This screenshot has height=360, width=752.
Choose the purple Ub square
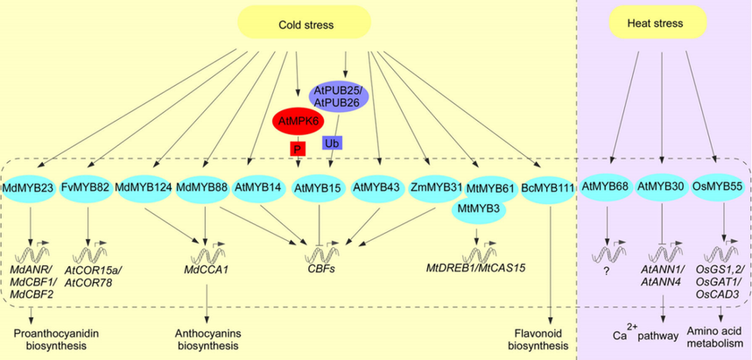(x=332, y=141)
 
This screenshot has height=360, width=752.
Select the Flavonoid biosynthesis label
(x=548, y=337)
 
